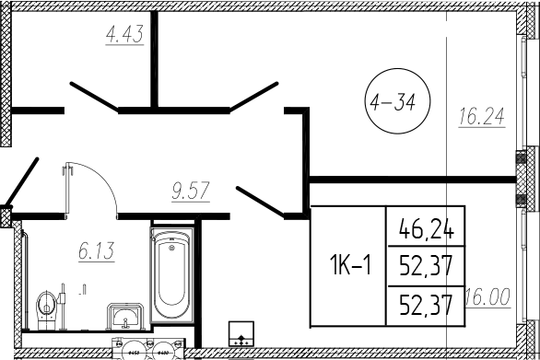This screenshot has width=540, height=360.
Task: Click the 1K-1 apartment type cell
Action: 349,267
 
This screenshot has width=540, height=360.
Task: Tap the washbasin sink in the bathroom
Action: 125,316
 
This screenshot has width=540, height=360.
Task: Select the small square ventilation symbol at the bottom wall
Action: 242,336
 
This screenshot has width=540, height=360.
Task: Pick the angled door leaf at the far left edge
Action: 19,183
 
